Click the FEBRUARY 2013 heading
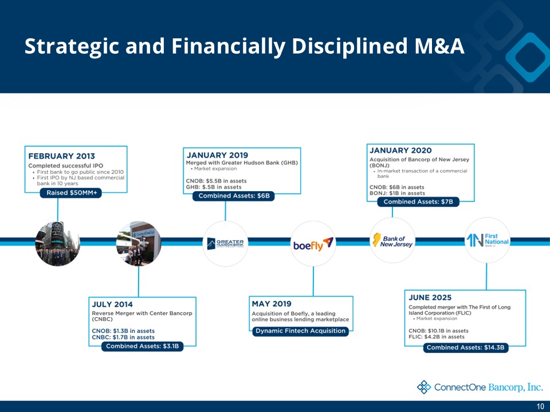pyautogui.click(x=62, y=155)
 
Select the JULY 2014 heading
pyautogui.click(x=113, y=304)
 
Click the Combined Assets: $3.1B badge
pyautogui.click(x=143, y=346)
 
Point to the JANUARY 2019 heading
pyautogui.click(x=217, y=155)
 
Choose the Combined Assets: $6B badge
pyautogui.click(x=233, y=196)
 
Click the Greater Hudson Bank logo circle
pyautogui.click(x=225, y=243)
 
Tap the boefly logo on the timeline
pyautogui.click(x=313, y=244)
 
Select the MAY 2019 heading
pyautogui.click(x=272, y=303)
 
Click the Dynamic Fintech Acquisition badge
pyautogui.click(x=300, y=331)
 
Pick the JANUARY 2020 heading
pyautogui.click(x=400, y=150)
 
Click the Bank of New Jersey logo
pyautogui.click(x=392, y=241)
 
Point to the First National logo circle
pyautogui.click(x=486, y=240)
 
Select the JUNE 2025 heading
pyautogui.click(x=430, y=298)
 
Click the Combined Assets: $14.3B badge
pyautogui.click(x=466, y=348)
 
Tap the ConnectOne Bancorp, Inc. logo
pyautogui.click(x=480, y=387)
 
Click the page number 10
pyautogui.click(x=540, y=406)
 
